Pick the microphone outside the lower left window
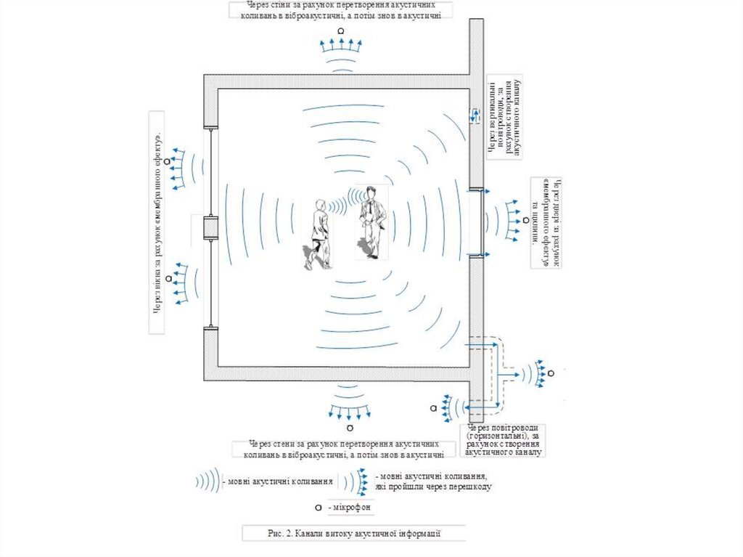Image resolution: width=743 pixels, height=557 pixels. [x=168, y=278]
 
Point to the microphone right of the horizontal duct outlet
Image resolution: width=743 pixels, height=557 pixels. [x=551, y=373]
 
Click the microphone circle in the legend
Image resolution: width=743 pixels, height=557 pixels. [x=319, y=506]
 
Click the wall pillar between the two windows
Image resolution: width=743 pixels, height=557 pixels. [x=210, y=228]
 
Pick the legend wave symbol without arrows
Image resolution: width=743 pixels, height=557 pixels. [x=208, y=480]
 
